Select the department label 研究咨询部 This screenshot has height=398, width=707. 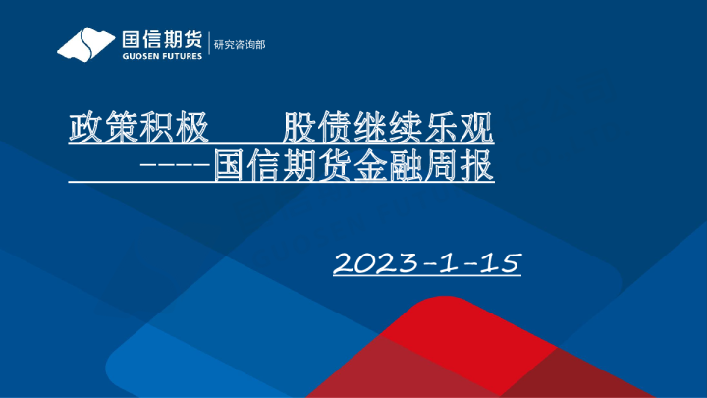point(241,45)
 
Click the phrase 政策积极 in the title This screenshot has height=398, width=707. point(138,127)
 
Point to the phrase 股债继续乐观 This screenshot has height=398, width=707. point(387,127)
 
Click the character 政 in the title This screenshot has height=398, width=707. point(85,127)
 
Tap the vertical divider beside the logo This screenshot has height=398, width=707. point(209,45)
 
